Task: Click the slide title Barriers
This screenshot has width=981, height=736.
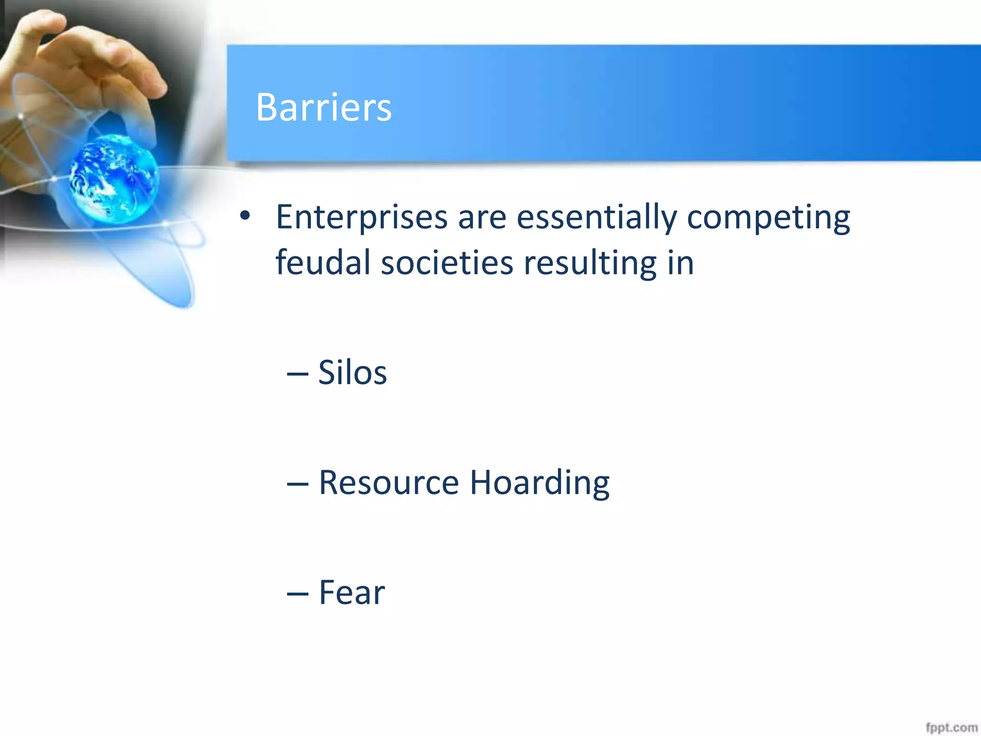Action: coord(323,107)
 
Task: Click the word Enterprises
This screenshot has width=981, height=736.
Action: coord(362,218)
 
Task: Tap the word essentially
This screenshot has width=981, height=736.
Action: coord(596,218)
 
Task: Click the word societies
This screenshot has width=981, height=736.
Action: coord(446,263)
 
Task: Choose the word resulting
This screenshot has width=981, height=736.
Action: coord(590,264)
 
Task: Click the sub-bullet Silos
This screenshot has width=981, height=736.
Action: coord(352,372)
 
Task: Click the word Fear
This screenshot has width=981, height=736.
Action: coord(352,592)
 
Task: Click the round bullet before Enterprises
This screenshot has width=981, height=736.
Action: coord(245,216)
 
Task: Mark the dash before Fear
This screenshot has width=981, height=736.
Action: coord(297,594)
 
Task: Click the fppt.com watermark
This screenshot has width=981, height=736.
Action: coord(951,727)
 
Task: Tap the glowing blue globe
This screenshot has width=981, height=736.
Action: coord(114,179)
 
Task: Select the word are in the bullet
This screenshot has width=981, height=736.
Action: coord(482,218)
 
